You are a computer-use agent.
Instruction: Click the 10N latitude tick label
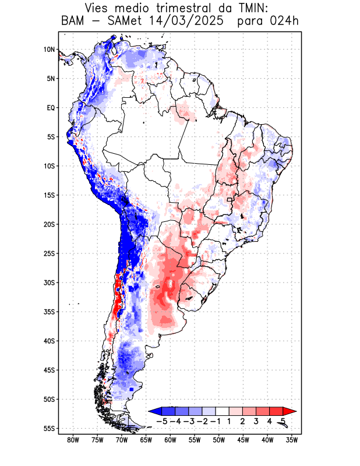(49, 50)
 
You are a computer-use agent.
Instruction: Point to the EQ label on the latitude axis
(51, 108)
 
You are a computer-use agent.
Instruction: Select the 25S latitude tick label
(49, 253)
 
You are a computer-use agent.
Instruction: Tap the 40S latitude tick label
(49, 341)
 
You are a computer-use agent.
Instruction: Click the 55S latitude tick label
(49, 428)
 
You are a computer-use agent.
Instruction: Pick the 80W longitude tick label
(73, 440)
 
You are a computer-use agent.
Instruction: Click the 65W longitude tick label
(146, 440)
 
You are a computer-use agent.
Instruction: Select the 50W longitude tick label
(218, 440)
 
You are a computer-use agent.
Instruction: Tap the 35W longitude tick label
(291, 440)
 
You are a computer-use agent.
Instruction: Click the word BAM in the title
(72, 22)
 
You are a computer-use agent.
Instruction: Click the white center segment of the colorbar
(223, 411)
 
